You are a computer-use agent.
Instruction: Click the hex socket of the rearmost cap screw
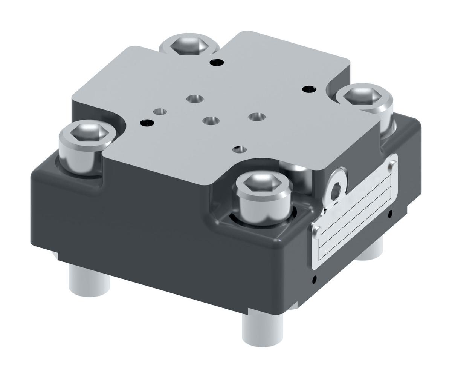(x=189, y=46)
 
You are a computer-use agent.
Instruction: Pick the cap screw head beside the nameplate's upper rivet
(x=363, y=95)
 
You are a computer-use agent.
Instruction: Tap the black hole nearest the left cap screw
(x=147, y=123)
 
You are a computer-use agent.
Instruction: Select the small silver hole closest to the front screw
(x=240, y=149)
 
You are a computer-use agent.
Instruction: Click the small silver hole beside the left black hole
(x=160, y=112)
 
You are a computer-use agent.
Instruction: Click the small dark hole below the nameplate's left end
(x=315, y=279)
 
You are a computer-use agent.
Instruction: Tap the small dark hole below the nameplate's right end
(x=390, y=214)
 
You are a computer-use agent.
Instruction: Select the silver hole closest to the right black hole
(x=257, y=117)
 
